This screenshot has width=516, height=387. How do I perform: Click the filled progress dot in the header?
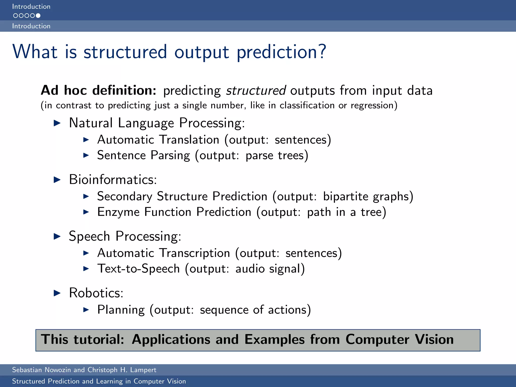coord(38,16)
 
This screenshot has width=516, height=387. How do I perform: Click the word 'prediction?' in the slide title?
coord(281,52)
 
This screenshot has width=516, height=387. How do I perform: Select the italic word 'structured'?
coord(256,90)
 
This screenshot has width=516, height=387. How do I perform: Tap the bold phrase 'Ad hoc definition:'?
coord(99,90)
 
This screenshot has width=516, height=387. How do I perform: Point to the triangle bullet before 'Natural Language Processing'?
coord(57,123)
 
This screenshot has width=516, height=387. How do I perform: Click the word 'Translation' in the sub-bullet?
coord(189,140)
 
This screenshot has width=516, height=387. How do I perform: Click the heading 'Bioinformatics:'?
coord(113,180)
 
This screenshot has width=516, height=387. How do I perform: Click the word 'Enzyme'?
coord(118,212)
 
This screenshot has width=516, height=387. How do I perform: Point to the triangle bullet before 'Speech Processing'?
coord(57,236)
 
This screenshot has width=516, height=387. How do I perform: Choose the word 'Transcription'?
coord(195,253)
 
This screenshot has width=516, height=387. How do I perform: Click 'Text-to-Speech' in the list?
coord(138,269)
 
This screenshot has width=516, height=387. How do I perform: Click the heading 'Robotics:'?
coord(96,293)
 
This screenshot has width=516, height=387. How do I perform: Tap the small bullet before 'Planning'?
coord(86,310)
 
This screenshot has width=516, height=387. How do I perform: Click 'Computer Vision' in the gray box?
coord(399,339)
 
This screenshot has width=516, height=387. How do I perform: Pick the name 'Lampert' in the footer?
coord(143,370)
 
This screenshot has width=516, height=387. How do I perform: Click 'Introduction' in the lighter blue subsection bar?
coord(31,26)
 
